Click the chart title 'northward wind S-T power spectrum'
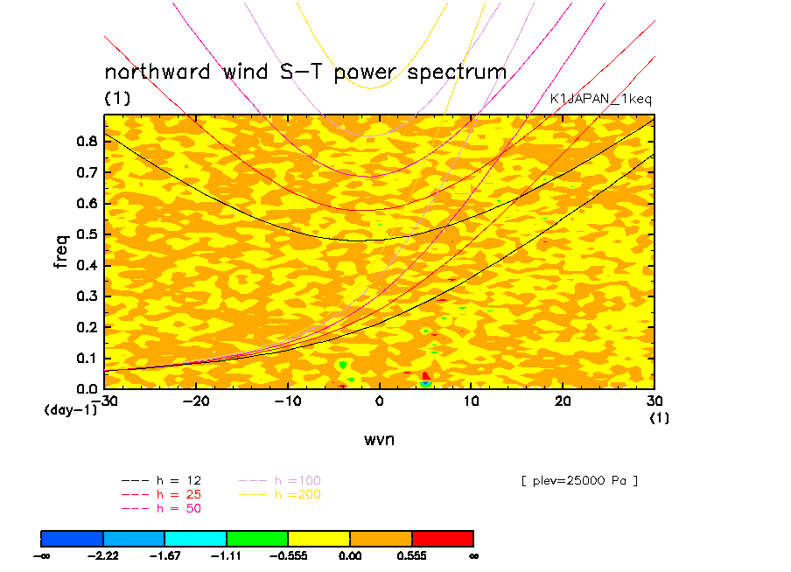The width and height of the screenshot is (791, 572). pos(305,72)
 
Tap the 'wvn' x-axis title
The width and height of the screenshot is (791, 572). pos(379,439)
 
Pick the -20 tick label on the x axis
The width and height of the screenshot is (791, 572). pos(195,401)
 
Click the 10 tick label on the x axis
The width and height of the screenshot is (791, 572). pos(471,401)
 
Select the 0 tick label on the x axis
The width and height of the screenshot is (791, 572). pos(379,401)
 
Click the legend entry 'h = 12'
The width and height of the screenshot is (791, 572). pos(178,480)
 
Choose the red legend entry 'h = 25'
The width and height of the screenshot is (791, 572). pos(178,494)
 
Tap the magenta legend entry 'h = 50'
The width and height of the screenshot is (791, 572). pos(178,508)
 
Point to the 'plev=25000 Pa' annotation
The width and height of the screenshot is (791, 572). pos(578,480)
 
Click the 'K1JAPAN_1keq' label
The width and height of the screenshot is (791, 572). pos(600,99)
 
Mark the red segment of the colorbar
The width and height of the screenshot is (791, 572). pos(442,538)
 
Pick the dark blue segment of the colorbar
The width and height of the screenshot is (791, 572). pos(73,538)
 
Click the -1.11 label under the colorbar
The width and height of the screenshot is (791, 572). pos(226,555)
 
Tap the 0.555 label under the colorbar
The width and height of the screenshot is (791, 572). pos(411,555)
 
